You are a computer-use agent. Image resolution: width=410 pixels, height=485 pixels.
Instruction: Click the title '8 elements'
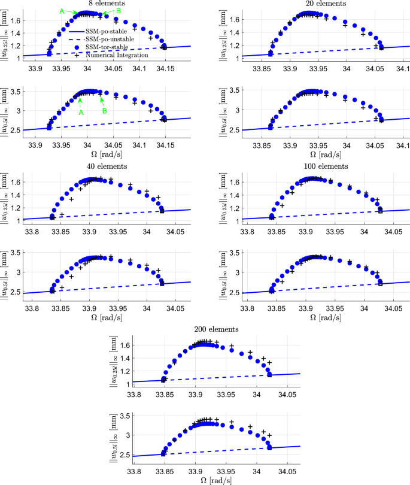[90, 4]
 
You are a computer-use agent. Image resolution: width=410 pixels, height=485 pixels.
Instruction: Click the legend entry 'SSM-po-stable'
[107, 29]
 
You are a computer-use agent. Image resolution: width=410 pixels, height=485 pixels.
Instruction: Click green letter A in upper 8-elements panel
[62, 11]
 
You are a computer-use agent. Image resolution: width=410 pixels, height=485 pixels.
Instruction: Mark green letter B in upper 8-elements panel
[119, 11]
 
